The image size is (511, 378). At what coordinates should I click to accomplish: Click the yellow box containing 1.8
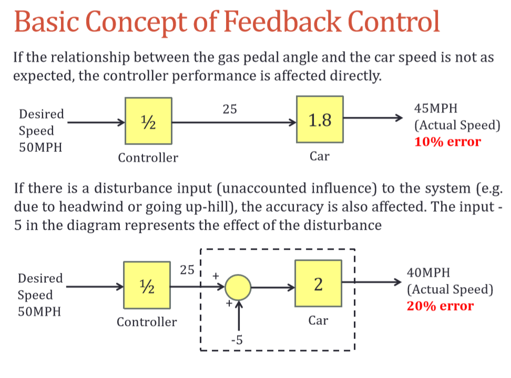click(320, 120)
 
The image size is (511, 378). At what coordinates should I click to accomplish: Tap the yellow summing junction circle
click(238, 288)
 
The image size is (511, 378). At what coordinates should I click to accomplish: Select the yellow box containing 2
click(318, 284)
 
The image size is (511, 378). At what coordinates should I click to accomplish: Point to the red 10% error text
click(447, 141)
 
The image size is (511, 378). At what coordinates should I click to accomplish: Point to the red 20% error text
click(441, 306)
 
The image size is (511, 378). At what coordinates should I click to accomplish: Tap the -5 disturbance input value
click(237, 341)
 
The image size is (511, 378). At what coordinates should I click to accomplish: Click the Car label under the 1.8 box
click(319, 157)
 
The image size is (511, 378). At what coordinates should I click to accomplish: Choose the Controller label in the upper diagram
click(148, 157)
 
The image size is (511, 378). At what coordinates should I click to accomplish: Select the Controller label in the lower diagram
click(147, 322)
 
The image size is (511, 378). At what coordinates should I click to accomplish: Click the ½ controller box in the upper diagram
click(148, 121)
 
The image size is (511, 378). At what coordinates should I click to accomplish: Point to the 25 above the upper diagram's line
click(230, 109)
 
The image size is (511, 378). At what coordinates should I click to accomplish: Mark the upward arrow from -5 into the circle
click(239, 315)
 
